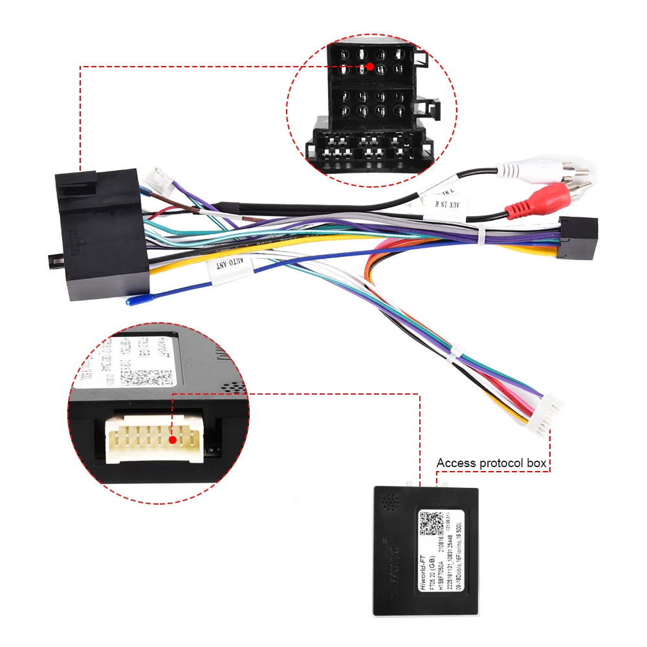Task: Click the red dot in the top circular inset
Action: point(369,67)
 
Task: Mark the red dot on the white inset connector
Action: point(173,440)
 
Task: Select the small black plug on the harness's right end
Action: point(576,239)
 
